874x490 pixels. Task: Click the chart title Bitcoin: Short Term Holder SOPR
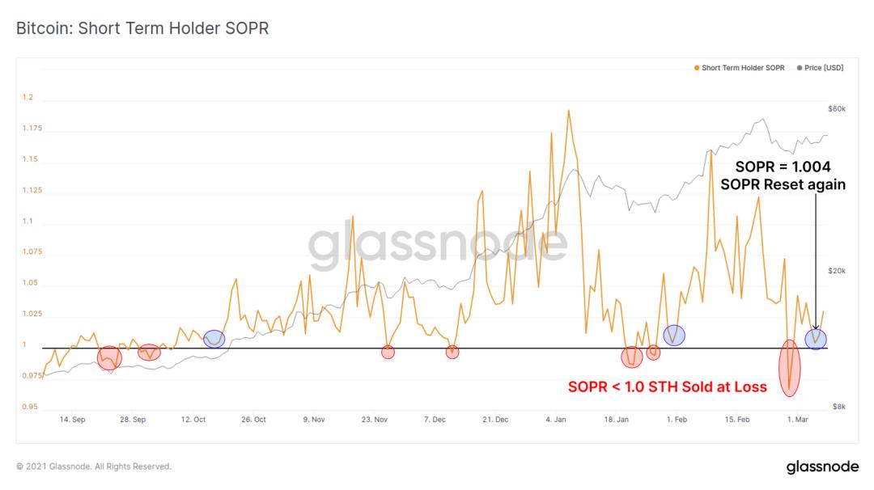tap(142, 27)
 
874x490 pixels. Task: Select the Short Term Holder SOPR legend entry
tap(739, 68)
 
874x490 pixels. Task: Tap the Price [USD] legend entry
tap(820, 68)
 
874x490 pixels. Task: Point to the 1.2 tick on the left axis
tap(28, 97)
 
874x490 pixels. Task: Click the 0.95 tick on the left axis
tap(30, 407)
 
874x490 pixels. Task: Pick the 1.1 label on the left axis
tap(28, 221)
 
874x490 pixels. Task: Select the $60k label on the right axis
tap(837, 108)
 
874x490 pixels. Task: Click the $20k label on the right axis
tap(837, 271)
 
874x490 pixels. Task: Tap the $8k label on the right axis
tap(839, 407)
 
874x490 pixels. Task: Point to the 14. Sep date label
tap(73, 420)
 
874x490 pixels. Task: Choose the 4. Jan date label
tap(556, 420)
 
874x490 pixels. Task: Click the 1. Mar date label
tap(798, 420)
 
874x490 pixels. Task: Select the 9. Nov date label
tap(314, 420)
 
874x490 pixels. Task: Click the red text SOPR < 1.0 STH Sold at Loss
tap(667, 387)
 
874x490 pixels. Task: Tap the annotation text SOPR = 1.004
tap(783, 167)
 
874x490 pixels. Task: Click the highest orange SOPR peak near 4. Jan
tap(569, 111)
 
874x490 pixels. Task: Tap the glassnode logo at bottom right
tap(823, 467)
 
